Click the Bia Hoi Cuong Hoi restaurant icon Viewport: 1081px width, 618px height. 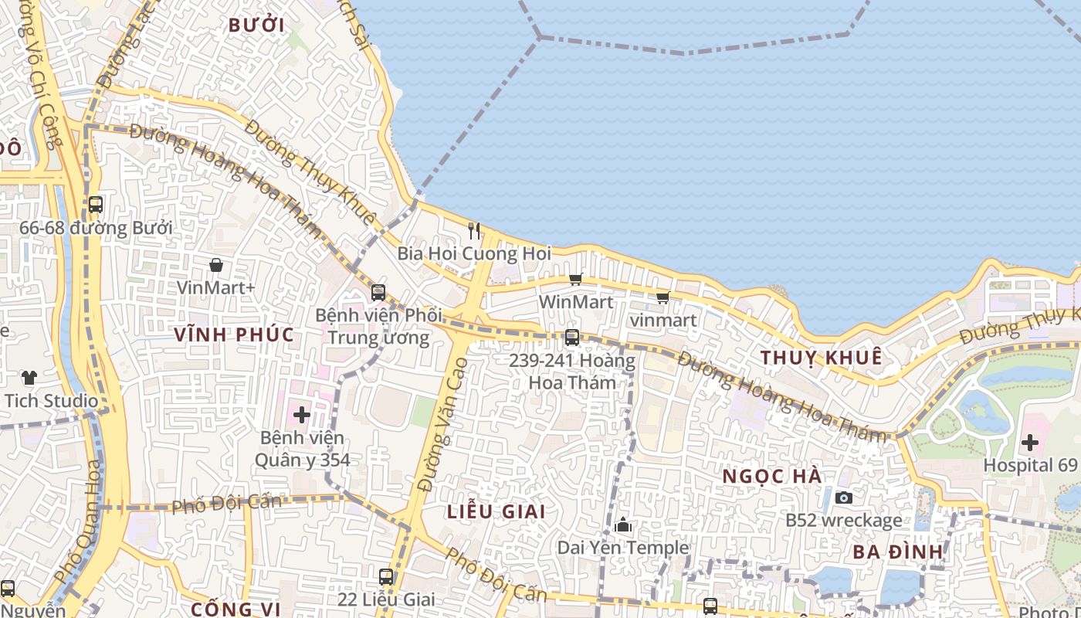474,230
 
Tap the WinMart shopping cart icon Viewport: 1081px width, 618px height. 575,280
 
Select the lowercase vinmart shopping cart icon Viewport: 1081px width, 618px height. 662,298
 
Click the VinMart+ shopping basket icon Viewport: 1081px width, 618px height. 216,265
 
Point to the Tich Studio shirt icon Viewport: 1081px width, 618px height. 29,378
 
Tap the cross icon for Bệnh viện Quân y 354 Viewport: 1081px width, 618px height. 301,415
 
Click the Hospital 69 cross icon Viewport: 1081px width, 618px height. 1029,443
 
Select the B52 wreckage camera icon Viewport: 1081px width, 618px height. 844,498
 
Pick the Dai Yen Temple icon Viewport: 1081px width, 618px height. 623,526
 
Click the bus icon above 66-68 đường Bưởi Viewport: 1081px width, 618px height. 96,205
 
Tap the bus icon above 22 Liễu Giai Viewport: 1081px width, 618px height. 386,576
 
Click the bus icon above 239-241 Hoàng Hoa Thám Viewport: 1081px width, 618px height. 572,338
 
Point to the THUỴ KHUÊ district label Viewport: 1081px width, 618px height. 821,358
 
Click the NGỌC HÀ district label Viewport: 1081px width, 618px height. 772,477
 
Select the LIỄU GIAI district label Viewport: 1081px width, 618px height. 496,511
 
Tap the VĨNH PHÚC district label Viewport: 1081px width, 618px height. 234,334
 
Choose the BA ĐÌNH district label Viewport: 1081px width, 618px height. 898,552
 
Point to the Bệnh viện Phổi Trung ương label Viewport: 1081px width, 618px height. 378,327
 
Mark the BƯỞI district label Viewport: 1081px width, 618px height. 256,25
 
